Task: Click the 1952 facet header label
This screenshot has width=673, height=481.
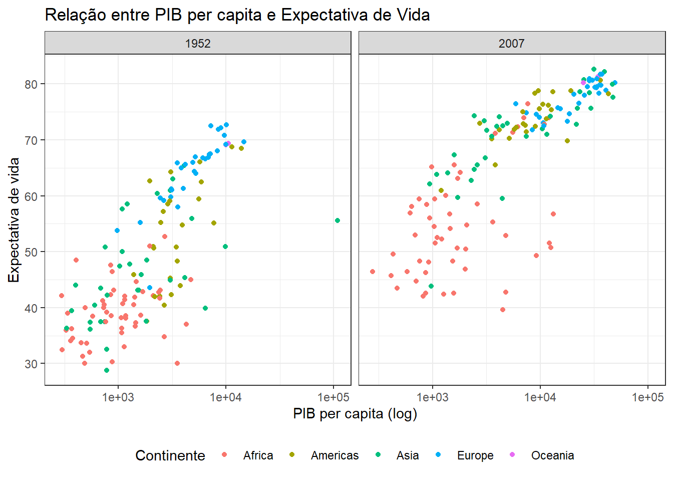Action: point(198,44)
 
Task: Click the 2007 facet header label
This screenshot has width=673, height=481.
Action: point(511,44)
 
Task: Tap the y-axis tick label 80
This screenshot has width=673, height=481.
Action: point(31,84)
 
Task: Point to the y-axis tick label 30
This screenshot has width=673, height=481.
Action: point(31,364)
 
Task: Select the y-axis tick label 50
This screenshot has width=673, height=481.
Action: point(31,252)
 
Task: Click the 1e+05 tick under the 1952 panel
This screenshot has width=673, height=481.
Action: point(333,398)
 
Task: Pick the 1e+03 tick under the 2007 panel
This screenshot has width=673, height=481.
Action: point(433,398)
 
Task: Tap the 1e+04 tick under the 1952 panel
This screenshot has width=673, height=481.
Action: point(225,398)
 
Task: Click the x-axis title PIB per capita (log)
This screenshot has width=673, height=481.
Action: point(355,414)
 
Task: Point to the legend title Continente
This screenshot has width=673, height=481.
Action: point(170,455)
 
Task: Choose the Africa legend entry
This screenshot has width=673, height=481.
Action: point(258,455)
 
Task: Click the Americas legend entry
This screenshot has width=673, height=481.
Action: point(334,455)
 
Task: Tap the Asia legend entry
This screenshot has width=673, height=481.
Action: point(408,455)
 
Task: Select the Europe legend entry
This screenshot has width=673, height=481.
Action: point(475,455)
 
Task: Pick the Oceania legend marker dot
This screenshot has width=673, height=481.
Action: point(512,454)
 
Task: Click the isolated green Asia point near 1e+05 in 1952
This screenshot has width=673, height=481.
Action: point(338,220)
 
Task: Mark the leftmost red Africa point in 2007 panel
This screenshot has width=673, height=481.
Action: point(373,272)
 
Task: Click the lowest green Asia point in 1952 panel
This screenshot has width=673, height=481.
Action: point(107,370)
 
